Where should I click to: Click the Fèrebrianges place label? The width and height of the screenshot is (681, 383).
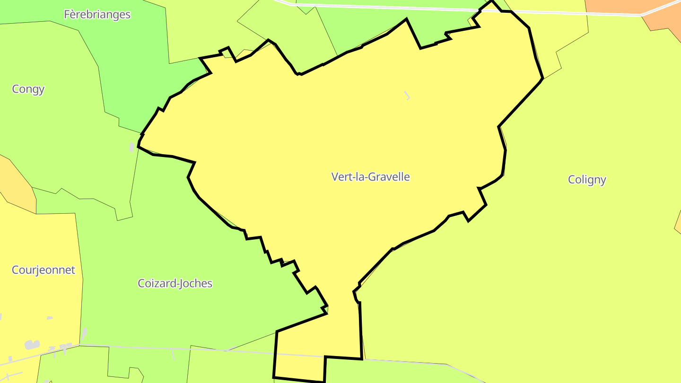(97, 14)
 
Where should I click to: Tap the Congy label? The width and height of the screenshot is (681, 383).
(28, 89)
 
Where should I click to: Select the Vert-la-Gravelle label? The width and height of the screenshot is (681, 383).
(370, 177)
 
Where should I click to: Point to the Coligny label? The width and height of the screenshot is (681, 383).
(586, 180)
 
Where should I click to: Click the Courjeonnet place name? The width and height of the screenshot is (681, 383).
(44, 270)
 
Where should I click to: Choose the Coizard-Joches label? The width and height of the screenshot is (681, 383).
(175, 283)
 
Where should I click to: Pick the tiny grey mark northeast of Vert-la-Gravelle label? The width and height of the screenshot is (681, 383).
(407, 96)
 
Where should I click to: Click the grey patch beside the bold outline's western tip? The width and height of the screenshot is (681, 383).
(132, 147)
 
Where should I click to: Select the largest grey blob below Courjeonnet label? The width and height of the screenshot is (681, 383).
(32, 345)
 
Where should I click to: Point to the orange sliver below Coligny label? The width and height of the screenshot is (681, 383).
(677, 222)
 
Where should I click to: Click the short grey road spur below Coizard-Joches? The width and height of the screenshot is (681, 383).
(174, 354)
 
